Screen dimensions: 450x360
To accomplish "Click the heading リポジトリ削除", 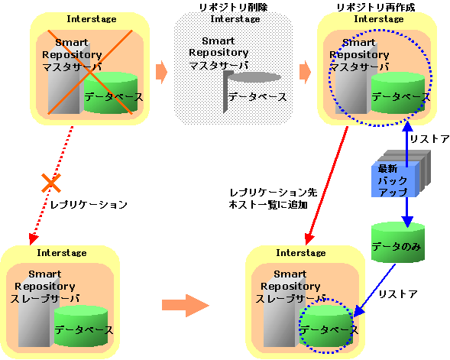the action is [233, 7].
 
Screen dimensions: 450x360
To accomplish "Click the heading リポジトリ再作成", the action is [376, 7].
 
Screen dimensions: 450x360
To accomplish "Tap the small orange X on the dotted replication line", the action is [51, 183].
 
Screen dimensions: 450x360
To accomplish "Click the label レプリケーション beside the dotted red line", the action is [89, 205].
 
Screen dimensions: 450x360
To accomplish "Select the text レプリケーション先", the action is [274, 193].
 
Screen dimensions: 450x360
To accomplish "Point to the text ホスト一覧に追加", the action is [268, 205].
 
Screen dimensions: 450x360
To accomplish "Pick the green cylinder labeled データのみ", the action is [398, 242].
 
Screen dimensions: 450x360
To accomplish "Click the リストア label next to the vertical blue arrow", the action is [429, 139].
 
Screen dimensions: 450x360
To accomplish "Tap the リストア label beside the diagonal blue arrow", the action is [398, 294].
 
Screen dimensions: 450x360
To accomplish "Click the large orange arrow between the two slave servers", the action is [186, 305].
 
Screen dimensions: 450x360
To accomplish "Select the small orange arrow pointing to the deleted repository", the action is [161, 72].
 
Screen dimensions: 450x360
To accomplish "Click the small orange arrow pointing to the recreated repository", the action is [305, 72].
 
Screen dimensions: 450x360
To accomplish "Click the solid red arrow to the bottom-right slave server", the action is [326, 186].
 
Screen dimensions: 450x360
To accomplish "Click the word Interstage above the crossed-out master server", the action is [92, 19].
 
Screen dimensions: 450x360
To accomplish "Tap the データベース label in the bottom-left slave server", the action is [84, 330].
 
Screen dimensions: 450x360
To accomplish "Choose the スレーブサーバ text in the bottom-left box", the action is [45, 299].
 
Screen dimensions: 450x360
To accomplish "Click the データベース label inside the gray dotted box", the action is [257, 97].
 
